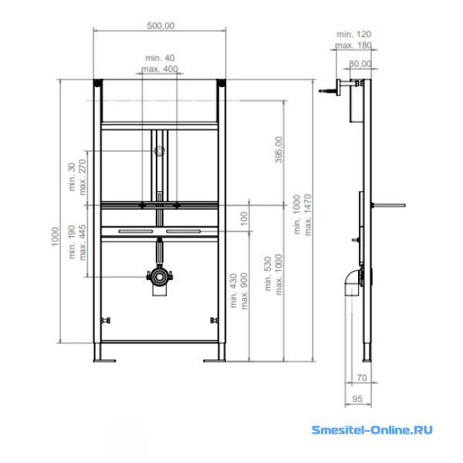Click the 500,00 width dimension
161,25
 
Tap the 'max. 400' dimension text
160,69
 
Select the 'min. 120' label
353,34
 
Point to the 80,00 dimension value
360,64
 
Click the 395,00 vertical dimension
279,150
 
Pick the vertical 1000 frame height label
56,236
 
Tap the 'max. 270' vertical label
83,177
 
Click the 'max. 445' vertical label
83,242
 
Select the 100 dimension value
244,218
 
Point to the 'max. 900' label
244,291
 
